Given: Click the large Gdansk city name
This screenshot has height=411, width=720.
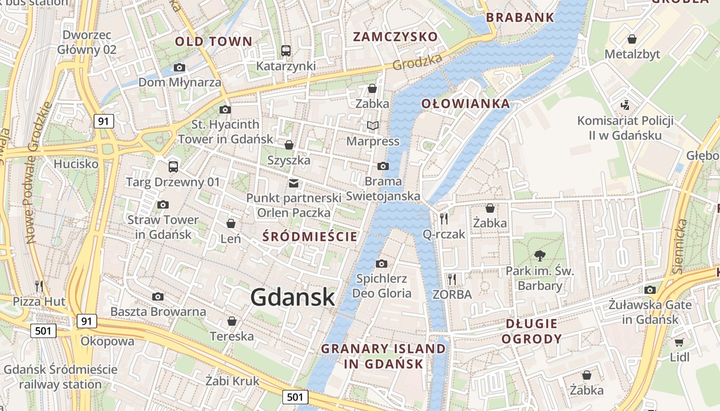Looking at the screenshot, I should (x=293, y=297).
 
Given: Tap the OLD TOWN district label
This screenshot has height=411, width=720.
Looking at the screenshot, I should (x=213, y=42).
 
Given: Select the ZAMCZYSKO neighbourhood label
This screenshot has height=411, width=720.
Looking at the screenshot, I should (x=395, y=36).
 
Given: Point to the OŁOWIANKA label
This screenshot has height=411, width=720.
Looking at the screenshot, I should (x=465, y=103).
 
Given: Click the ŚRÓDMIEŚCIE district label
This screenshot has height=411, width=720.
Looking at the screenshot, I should (x=310, y=236).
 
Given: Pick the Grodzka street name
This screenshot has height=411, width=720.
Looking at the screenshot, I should (x=417, y=62).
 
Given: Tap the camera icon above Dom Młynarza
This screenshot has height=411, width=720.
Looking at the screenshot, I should (x=179, y=67).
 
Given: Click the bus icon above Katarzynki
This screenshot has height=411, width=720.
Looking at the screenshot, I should (x=286, y=51).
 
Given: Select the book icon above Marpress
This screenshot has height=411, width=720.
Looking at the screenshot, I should (x=373, y=126).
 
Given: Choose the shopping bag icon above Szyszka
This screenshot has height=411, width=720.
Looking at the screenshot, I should (x=289, y=145).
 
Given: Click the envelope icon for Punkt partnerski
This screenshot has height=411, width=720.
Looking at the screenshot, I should (x=294, y=182).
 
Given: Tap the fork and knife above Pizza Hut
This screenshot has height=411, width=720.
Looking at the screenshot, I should (x=39, y=285).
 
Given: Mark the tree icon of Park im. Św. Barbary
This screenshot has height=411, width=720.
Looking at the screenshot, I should (x=539, y=255).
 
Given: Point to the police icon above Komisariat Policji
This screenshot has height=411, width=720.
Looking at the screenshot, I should (x=625, y=105).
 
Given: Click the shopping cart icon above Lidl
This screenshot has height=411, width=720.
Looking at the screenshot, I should (x=679, y=342).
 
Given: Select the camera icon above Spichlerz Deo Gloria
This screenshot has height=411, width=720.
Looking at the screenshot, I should (x=381, y=264).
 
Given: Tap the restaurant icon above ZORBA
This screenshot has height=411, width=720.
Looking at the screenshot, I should (x=452, y=279).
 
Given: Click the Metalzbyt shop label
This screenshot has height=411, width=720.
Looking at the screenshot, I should (x=632, y=54).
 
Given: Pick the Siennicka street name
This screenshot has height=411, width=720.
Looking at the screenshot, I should (x=680, y=247).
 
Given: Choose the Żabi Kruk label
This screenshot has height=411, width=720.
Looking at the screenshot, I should (x=232, y=381).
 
